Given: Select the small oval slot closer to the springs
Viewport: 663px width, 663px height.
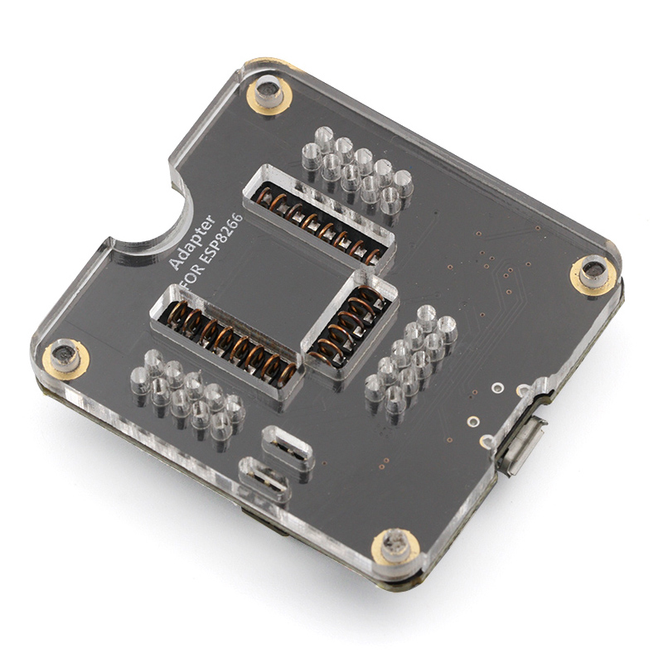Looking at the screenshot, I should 287,448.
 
